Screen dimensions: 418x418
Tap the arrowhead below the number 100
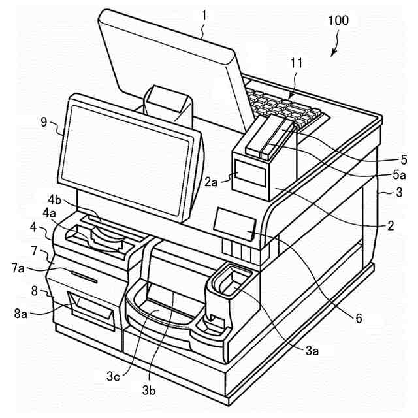click(x=332, y=54)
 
